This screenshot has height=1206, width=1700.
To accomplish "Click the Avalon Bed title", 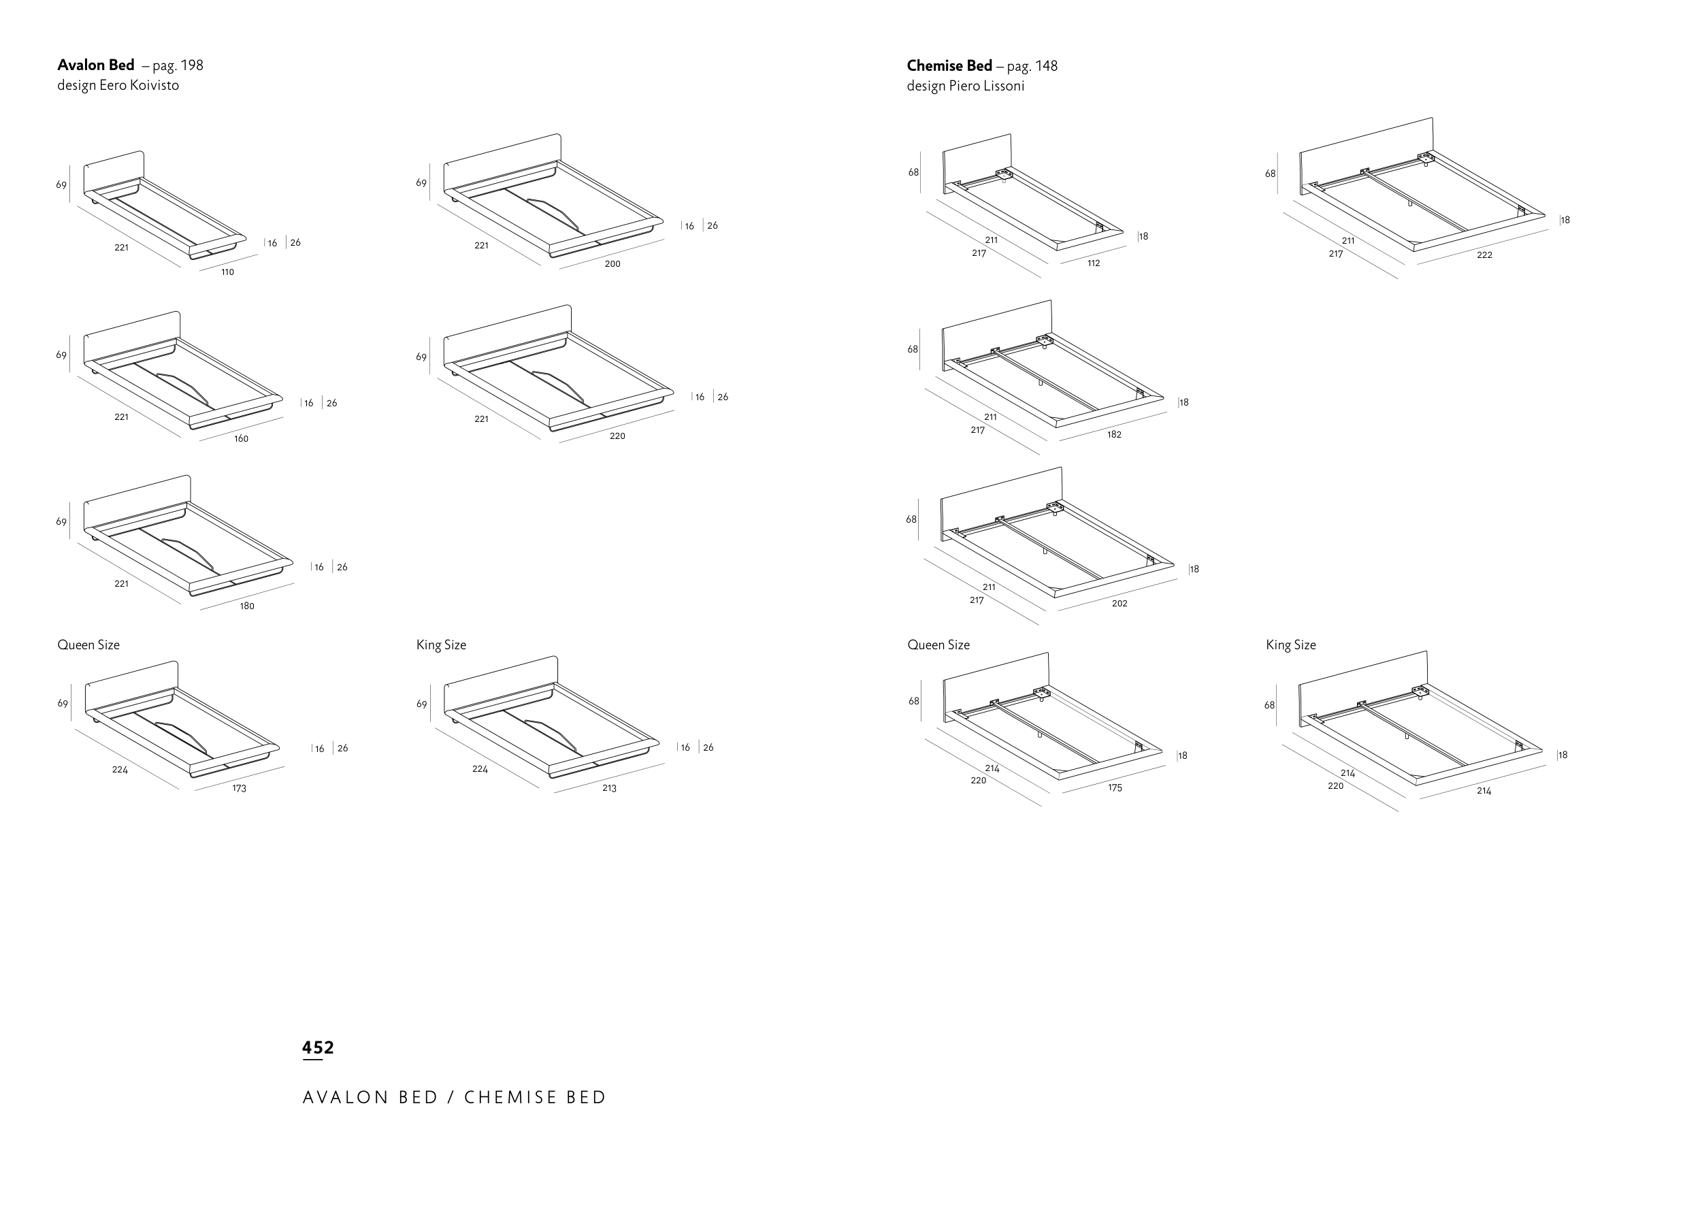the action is click(96, 65).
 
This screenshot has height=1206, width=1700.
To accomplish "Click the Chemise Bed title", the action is click(949, 66).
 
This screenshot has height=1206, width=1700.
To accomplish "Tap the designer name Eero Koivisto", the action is click(140, 85).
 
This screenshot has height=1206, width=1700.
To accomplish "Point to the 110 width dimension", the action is click(228, 272).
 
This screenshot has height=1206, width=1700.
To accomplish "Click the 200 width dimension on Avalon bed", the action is click(612, 263).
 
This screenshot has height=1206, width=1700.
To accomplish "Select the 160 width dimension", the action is click(242, 439).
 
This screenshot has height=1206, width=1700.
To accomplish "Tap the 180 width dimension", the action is click(247, 606).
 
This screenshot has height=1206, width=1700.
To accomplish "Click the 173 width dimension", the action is click(239, 789).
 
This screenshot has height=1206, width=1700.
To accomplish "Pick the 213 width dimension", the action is click(610, 789).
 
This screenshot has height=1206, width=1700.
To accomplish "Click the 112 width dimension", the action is click(1094, 263).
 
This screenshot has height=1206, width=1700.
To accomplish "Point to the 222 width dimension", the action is click(1485, 255).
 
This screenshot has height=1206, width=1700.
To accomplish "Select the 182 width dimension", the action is click(1114, 434).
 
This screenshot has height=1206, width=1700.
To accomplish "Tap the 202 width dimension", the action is click(1119, 604).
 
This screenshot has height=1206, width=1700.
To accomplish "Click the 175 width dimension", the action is click(1115, 788).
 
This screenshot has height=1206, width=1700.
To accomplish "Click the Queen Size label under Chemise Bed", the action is click(938, 645).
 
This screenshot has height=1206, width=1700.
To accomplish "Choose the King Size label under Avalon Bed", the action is click(441, 645).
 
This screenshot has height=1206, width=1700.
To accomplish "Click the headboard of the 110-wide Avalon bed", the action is click(114, 171).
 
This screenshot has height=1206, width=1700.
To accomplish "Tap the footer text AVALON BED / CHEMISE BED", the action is click(455, 1098).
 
